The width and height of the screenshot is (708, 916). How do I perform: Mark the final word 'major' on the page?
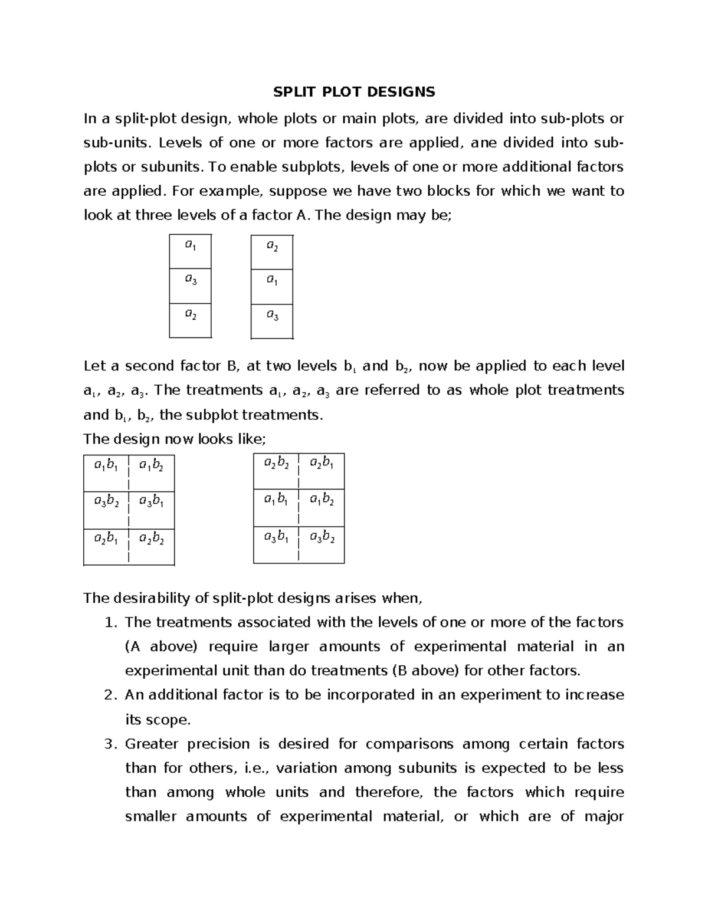click(604, 817)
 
